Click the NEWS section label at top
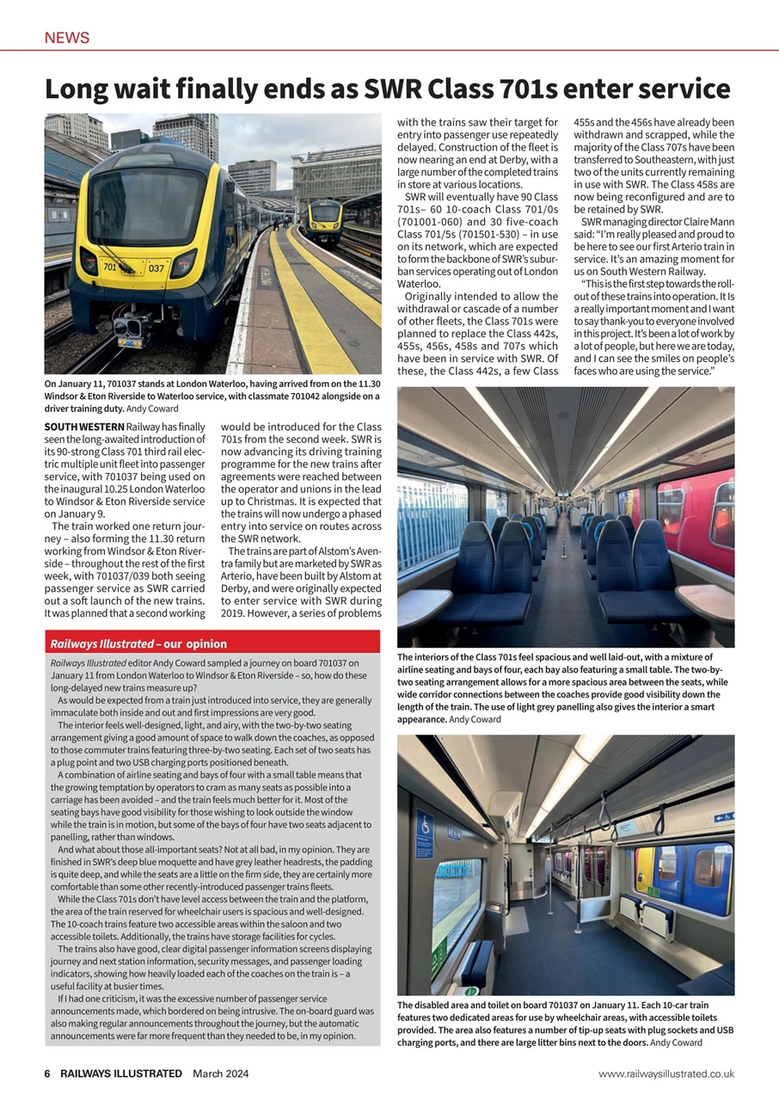coord(67,38)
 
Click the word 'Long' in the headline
coord(82,89)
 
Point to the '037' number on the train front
coord(155,268)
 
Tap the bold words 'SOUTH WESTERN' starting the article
coord(83,427)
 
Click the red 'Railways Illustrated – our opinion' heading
coord(138,643)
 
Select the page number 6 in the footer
coord(48,1073)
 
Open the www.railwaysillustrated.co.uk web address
coord(666,1073)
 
